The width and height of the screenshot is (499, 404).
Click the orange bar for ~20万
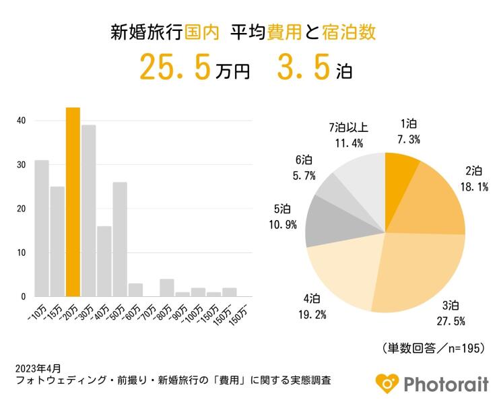click(73, 202)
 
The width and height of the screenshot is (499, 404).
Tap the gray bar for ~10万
click(42, 228)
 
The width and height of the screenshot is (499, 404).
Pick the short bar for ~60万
click(135, 290)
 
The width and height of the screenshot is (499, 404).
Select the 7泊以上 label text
click(348, 128)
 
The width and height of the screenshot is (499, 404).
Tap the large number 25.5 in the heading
click(175, 68)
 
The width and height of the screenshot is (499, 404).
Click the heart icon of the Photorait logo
click(387, 382)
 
